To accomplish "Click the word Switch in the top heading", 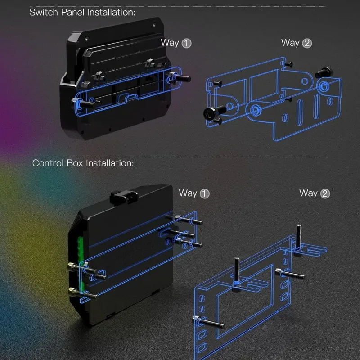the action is point(44,12).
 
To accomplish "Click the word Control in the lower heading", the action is point(48,163).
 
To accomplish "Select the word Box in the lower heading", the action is point(75,163).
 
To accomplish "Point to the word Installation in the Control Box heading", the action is point(110,163).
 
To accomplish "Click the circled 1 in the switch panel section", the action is point(186,43).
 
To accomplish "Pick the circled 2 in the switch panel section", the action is point(307,43).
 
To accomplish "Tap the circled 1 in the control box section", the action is point(205,194).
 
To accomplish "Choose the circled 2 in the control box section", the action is point(325,194).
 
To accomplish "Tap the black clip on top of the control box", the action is point(124,197).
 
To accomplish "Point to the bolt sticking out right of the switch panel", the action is point(180,76).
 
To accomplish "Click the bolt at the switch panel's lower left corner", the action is point(84,103).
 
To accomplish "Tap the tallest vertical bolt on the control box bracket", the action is point(298,240).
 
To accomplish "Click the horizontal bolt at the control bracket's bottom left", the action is point(208,321).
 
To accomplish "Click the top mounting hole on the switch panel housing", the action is point(154,24).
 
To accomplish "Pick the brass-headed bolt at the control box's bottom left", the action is point(82,293).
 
